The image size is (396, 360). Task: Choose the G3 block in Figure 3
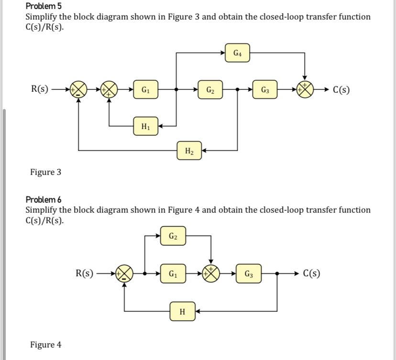click(265, 89)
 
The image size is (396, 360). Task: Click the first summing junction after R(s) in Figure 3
click(78, 89)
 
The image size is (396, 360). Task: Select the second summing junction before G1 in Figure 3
click(110, 89)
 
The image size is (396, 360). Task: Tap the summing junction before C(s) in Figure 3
click(305, 89)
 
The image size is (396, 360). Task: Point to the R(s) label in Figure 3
click(40, 89)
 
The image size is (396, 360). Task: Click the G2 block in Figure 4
click(174, 235)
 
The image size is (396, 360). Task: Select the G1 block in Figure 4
click(174, 274)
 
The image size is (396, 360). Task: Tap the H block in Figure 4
click(182, 312)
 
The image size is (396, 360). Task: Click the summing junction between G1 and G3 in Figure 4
click(209, 274)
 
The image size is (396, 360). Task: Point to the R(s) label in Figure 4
click(85, 273)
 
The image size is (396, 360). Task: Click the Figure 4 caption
click(45, 345)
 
